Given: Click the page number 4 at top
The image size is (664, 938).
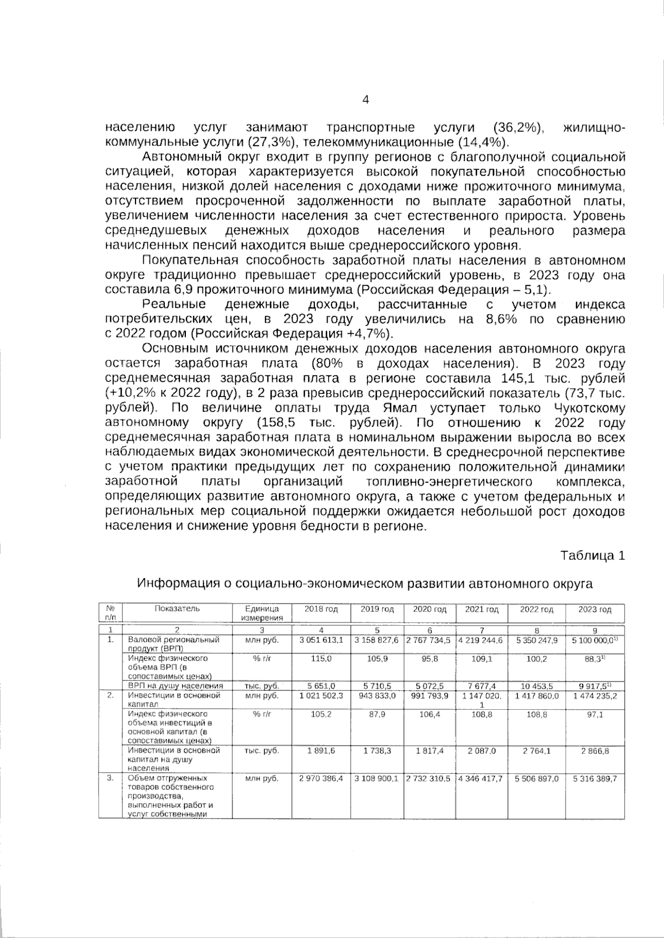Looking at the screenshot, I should pyautogui.click(x=365, y=99).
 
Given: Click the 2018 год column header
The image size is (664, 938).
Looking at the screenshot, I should pyautogui.click(x=321, y=609).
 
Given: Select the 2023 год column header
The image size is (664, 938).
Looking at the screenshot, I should pyautogui.click(x=594, y=609).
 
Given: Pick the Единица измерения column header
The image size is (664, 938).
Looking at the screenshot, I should pyautogui.click(x=262, y=613).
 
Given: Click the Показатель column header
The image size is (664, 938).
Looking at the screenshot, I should pyautogui.click(x=177, y=609).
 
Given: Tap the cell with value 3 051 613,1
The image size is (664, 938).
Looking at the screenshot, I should pyautogui.click(x=321, y=640).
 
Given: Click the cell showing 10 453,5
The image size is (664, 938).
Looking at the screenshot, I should pyautogui.click(x=536, y=686).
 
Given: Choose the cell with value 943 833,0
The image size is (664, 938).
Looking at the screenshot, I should pyautogui.click(x=377, y=696).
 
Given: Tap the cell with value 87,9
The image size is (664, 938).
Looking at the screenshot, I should pyautogui.click(x=377, y=714).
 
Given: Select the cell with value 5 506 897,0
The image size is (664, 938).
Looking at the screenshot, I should pyautogui.click(x=536, y=778).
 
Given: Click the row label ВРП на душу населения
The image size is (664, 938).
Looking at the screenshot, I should pyautogui.click(x=175, y=686).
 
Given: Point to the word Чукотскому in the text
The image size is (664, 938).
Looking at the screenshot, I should pyautogui.click(x=589, y=408).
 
